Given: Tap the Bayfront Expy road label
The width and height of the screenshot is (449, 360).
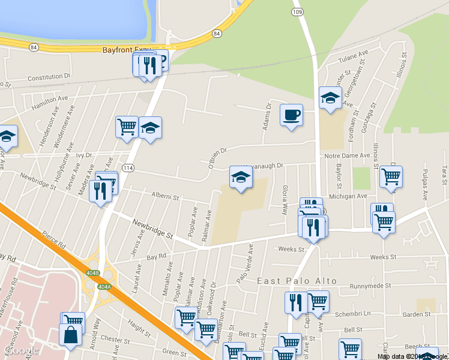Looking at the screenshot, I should (x=126, y=51).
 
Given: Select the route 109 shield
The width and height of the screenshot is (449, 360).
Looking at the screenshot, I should (x=297, y=12).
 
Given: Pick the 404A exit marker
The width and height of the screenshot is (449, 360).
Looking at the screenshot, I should (x=104, y=287).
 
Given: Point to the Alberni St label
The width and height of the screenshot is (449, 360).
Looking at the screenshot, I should (x=165, y=196).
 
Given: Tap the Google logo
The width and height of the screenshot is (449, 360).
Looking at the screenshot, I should (x=21, y=350).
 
